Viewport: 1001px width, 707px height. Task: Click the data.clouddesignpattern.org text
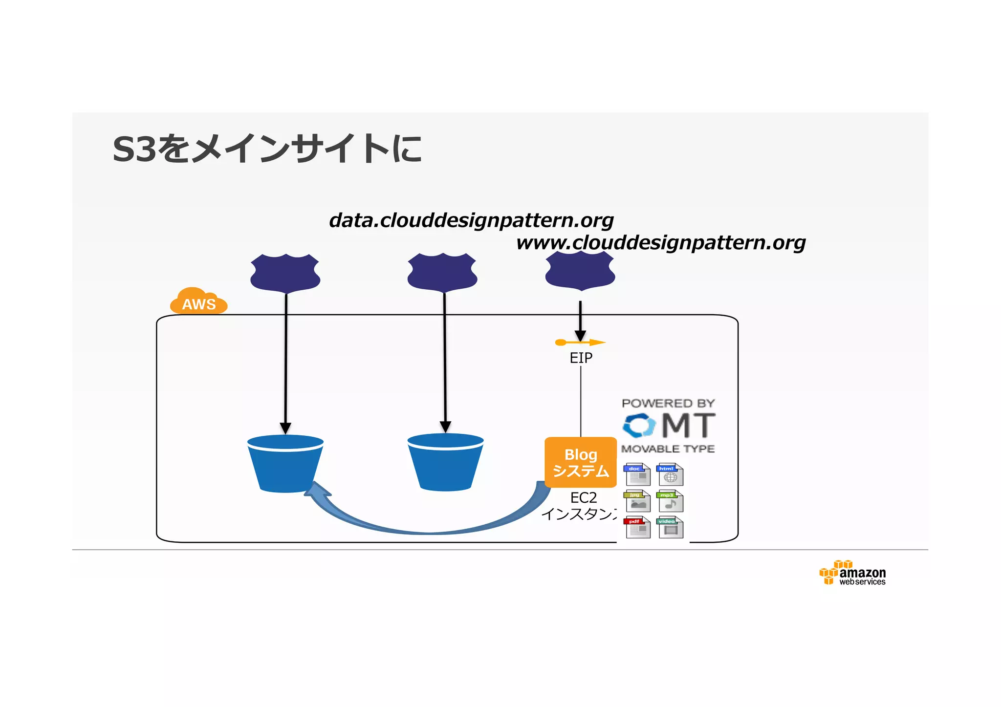click(x=471, y=220)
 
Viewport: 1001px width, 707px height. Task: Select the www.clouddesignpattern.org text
click(x=661, y=242)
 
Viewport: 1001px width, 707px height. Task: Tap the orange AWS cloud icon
click(x=199, y=301)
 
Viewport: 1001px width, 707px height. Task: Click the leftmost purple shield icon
click(x=285, y=273)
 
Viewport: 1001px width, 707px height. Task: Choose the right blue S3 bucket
click(x=445, y=462)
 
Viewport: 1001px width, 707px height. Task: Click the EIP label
click(x=581, y=358)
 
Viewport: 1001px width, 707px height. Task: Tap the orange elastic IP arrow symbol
click(x=580, y=343)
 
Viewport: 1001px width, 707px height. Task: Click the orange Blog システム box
click(x=581, y=462)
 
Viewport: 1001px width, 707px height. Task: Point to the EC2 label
click(x=583, y=497)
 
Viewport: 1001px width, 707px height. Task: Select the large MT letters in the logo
click(x=688, y=425)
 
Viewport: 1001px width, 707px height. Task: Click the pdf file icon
click(x=637, y=528)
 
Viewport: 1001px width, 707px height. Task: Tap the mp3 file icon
click(x=670, y=501)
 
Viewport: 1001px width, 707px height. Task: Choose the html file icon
click(x=670, y=474)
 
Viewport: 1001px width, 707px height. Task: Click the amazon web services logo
click(x=853, y=574)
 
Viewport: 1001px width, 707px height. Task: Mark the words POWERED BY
click(x=668, y=403)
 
